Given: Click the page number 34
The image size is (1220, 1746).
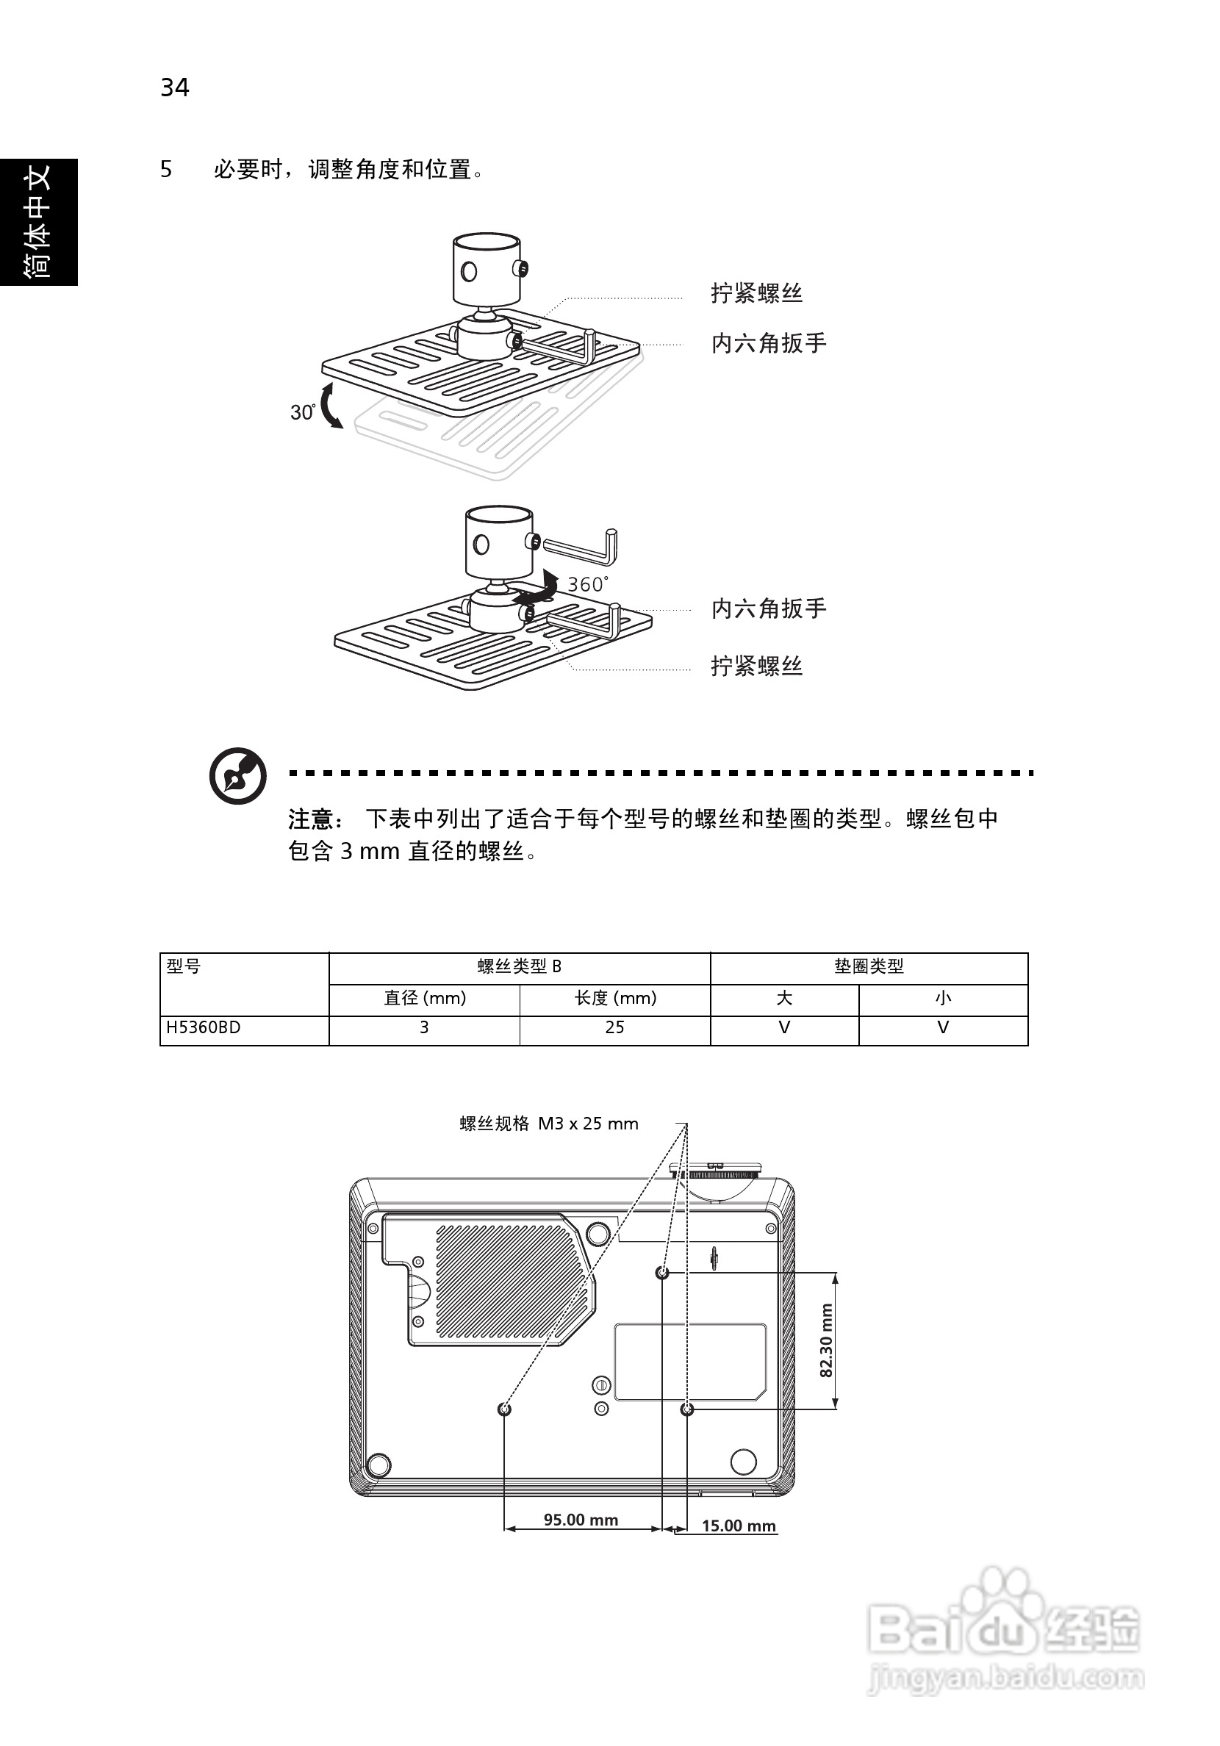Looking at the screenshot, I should point(174,88).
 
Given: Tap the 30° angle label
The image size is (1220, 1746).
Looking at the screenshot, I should point(302,412).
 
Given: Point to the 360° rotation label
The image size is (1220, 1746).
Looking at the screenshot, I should point(587,584).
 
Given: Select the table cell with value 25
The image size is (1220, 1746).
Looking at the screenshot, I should point(614,1027).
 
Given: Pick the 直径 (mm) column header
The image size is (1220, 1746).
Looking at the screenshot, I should point(424,998).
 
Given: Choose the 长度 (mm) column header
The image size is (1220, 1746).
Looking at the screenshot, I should point(615,998).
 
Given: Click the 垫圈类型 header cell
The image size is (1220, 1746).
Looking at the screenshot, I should point(869,966).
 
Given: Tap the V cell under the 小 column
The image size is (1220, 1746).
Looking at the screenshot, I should point(943,1027).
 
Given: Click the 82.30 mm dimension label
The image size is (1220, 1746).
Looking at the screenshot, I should point(827,1340).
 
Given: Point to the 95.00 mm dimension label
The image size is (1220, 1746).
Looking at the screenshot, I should point(581,1520).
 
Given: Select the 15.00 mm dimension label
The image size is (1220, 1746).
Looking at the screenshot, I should point(738,1526).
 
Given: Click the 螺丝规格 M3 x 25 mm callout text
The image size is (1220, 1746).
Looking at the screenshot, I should point(548,1124).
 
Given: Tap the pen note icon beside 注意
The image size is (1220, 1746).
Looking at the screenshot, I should point(238,776).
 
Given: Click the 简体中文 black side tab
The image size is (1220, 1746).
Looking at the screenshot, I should point(38,222).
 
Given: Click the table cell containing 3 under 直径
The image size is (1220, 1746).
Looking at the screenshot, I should point(424,1027).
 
